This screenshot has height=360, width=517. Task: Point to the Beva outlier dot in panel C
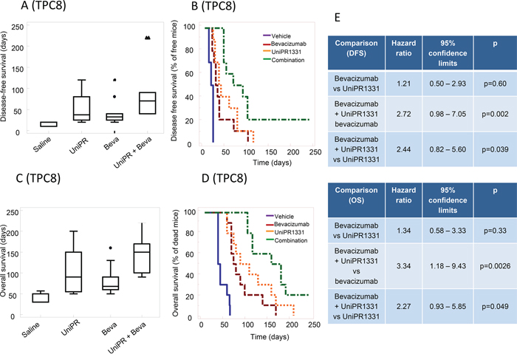click(112, 248)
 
